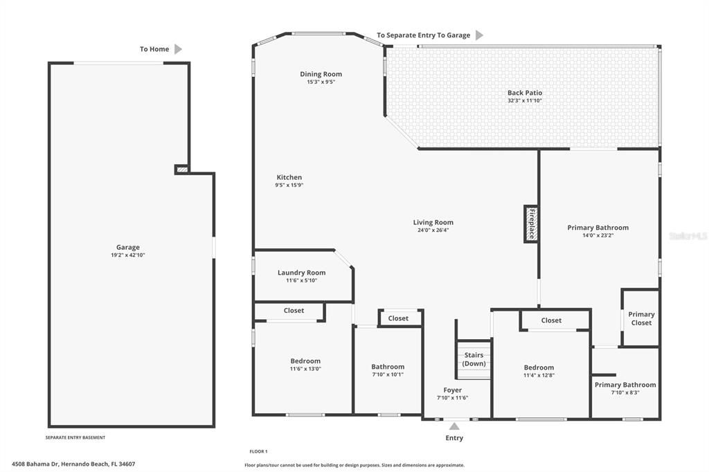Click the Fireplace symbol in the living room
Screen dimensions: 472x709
coord(531,224)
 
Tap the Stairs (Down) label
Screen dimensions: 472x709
coord(474,359)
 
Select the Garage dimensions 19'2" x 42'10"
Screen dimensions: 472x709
coord(127,255)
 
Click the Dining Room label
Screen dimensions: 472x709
coord(321,74)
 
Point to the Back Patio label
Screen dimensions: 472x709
coord(524,93)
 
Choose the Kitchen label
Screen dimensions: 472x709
coord(289,177)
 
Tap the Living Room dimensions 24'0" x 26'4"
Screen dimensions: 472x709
coord(433,230)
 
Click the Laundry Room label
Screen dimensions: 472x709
coord(301,273)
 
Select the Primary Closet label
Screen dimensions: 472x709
coord(641,318)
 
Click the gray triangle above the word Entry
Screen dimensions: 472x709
coord(454,426)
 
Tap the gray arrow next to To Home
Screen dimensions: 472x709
coord(178,49)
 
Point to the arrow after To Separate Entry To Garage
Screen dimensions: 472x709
coord(479,35)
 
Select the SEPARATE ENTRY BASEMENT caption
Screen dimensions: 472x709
coord(75,437)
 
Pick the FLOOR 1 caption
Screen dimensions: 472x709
coord(258,451)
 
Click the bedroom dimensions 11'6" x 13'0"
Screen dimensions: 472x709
coord(305,369)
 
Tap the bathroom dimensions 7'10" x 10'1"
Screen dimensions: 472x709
coord(387,374)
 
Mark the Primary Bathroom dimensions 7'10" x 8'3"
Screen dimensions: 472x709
coord(625,392)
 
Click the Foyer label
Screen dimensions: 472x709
coord(452,390)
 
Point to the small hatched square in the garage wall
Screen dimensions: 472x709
coord(181,169)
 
